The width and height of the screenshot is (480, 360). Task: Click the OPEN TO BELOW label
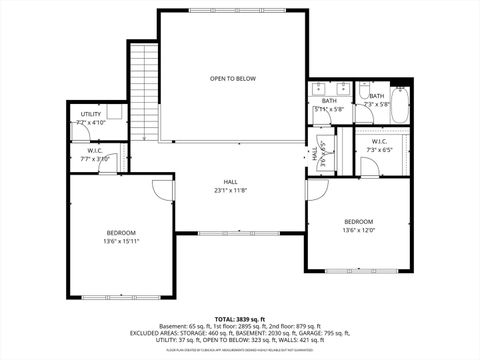(x=232, y=78)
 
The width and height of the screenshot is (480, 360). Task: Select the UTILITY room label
(x=89, y=115)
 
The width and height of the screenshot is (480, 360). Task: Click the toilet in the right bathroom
(x=366, y=86)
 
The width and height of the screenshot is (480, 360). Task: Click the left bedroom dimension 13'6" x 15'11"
(x=121, y=240)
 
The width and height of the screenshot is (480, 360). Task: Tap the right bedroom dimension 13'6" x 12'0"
(x=358, y=230)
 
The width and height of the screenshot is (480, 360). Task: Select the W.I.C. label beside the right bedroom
(x=380, y=141)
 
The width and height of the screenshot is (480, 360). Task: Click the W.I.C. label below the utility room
(x=95, y=150)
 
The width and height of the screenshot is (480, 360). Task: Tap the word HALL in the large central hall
(x=232, y=182)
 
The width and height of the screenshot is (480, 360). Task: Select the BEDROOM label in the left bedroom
(x=121, y=232)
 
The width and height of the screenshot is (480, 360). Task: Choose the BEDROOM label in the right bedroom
(x=358, y=221)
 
